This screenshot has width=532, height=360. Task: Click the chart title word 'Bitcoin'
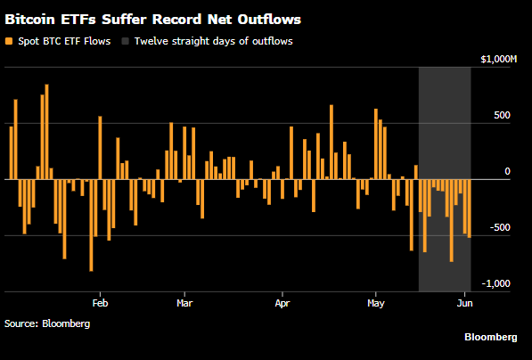30,20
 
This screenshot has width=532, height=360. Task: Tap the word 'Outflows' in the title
269,20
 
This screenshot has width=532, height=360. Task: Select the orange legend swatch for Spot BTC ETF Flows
9,41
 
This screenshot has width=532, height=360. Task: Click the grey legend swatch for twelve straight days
125,41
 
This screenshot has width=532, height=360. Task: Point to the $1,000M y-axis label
498,60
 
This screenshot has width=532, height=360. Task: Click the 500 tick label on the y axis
502,115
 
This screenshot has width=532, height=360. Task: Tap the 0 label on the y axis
507,172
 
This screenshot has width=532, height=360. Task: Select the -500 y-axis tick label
500,227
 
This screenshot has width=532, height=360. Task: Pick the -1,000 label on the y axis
496,283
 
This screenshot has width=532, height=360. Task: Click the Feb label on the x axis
100,303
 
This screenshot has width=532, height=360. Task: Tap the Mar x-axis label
184,303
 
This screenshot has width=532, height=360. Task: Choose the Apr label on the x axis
282,303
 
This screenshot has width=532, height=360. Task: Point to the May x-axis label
376,303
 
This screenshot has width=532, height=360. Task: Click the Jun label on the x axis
464,303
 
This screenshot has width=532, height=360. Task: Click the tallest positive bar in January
47,132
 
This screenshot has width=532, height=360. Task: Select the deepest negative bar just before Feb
91,225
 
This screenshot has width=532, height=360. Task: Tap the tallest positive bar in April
331,143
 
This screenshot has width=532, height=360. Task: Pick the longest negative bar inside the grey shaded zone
452,221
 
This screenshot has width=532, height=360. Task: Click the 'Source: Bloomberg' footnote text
47,323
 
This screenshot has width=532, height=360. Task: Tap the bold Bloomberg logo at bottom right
491,337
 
